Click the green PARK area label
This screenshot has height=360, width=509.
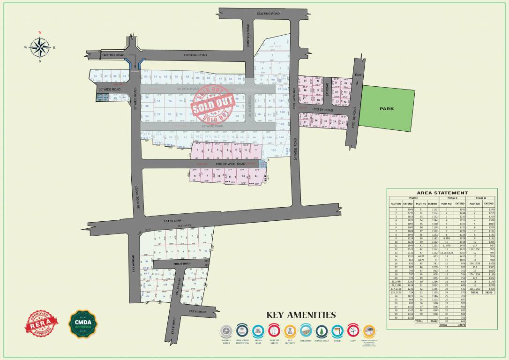click(387, 109)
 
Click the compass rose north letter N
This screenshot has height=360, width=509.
click(40, 33)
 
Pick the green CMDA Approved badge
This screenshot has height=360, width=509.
click(83, 323)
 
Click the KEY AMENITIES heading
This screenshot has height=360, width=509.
click(301, 315)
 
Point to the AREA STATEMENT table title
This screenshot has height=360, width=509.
click(442, 193)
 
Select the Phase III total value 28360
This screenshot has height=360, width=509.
click(489, 292)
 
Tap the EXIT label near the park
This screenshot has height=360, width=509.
click(359, 75)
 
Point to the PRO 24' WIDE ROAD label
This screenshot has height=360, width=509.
click(230, 165)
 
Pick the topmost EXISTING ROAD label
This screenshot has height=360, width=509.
click(268, 14)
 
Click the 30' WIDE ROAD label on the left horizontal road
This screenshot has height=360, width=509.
click(109, 89)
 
